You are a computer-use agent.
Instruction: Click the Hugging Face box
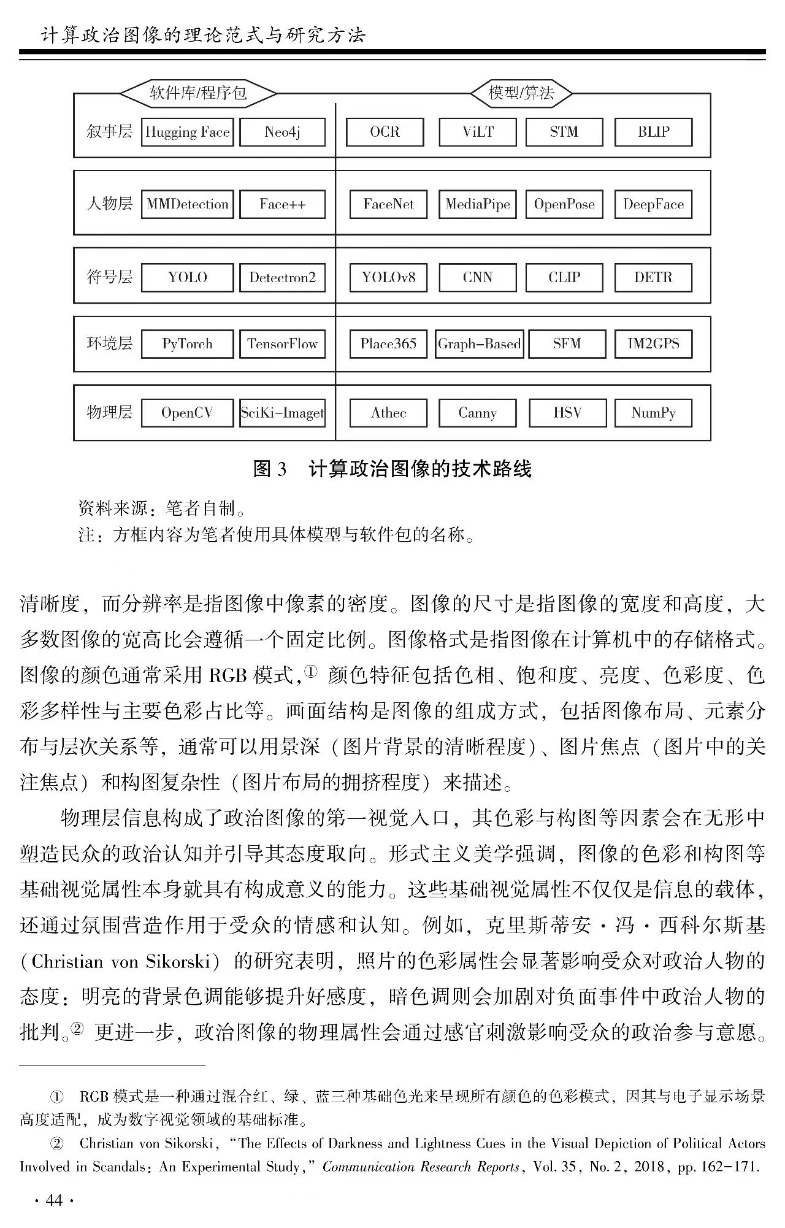(x=187, y=132)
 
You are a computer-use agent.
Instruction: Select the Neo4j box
(x=282, y=132)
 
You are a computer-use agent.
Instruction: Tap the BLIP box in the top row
(x=653, y=132)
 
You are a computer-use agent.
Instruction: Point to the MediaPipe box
(x=478, y=204)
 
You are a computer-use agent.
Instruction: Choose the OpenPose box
(x=564, y=204)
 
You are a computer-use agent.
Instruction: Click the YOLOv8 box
(x=388, y=277)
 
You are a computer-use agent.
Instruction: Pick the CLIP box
(x=564, y=277)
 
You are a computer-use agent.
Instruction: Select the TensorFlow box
(x=282, y=344)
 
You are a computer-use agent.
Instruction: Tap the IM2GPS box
(x=653, y=344)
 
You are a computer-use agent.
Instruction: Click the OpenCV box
(x=187, y=413)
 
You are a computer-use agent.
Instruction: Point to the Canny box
(x=478, y=413)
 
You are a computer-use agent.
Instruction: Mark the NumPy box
(x=653, y=413)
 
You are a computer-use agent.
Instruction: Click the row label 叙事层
(x=109, y=132)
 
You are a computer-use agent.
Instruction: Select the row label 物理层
(x=109, y=412)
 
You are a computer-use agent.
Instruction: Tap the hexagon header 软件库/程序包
(x=198, y=93)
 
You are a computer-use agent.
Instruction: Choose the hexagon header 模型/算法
(x=521, y=93)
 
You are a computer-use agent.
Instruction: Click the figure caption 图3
(x=270, y=470)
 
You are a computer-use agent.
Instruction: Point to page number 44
(x=55, y=1200)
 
